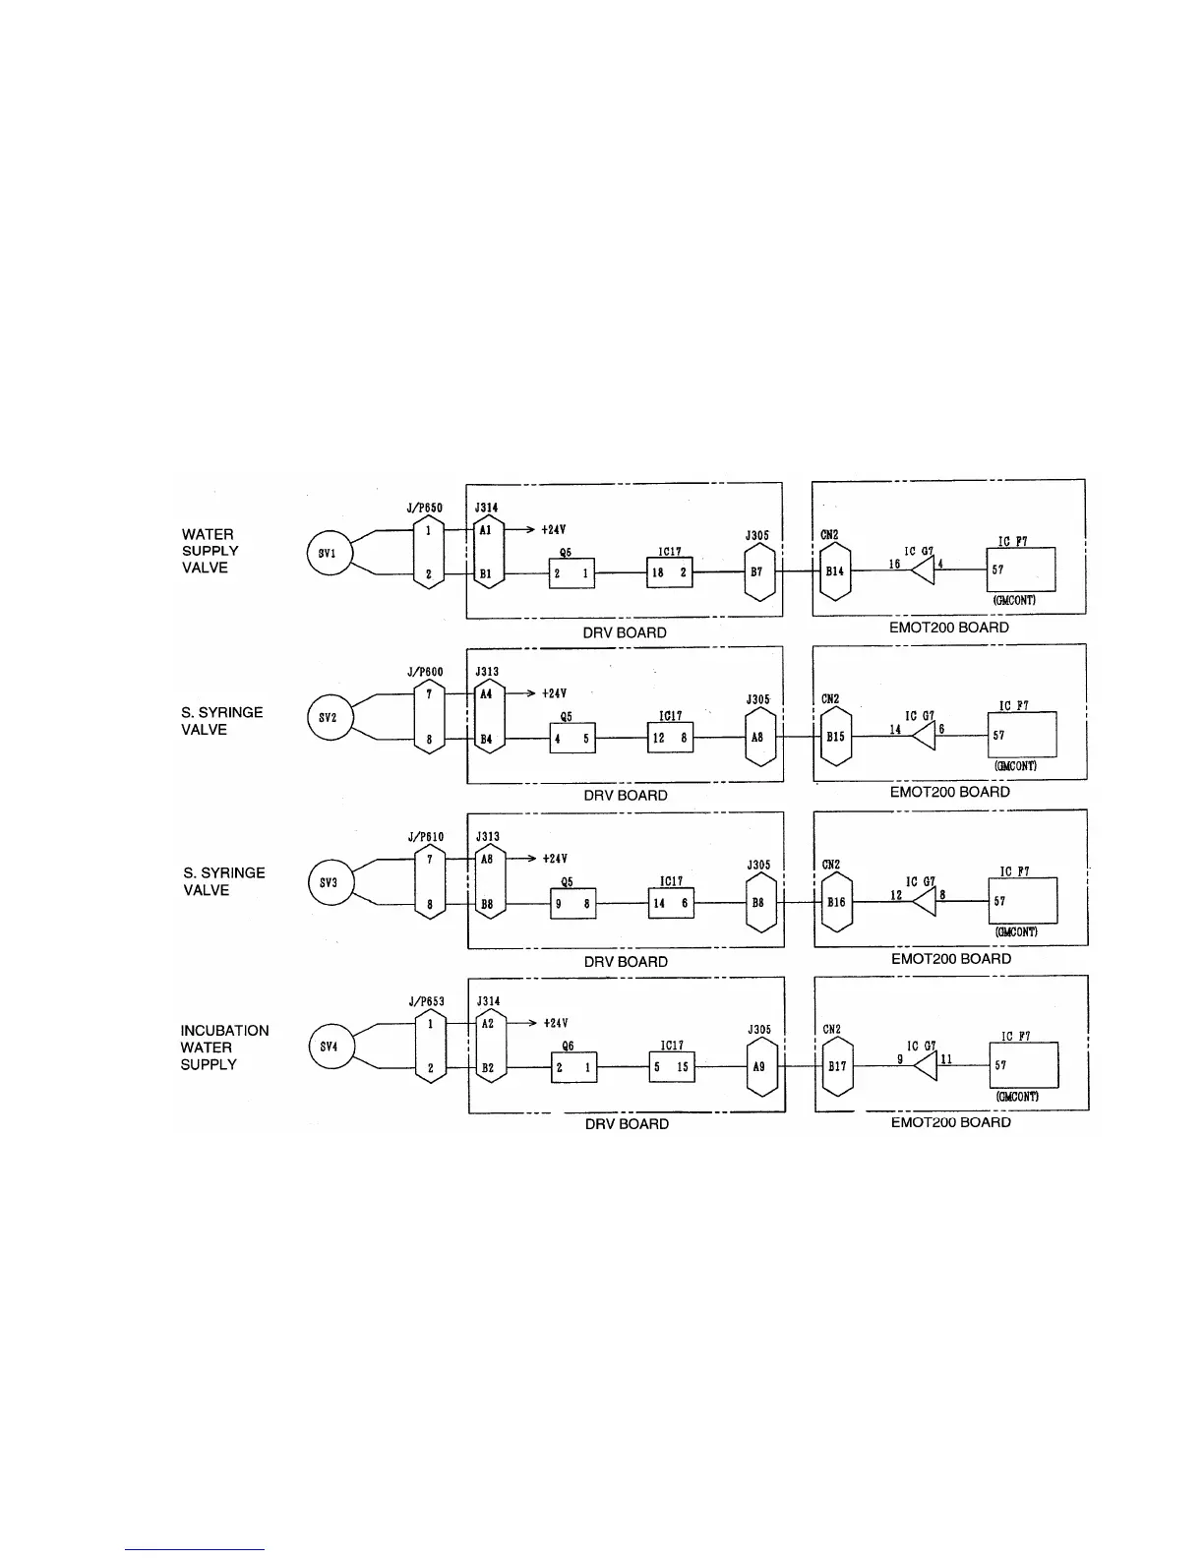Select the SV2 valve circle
[x=329, y=717]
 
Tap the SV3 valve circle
[x=329, y=882]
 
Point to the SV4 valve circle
[x=330, y=1047]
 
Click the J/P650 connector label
[x=425, y=508]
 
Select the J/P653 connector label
[x=426, y=1001]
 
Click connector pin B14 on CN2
[x=834, y=570]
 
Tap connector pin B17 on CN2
[x=836, y=1066]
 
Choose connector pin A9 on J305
[x=758, y=1066]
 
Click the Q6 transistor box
[x=573, y=1067]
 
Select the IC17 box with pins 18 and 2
[x=669, y=572]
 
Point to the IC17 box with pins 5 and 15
[x=671, y=1067]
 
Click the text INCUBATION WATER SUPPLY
[x=223, y=1048]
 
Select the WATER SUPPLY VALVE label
[x=210, y=551]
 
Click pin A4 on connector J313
[x=487, y=692]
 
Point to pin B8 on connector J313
[x=487, y=902]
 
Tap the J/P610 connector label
[x=426, y=837]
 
